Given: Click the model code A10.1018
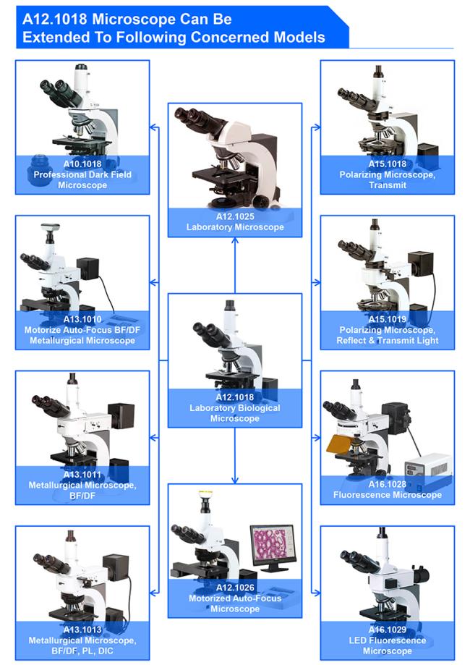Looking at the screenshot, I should [82, 164].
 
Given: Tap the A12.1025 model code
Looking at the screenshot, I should [235, 216].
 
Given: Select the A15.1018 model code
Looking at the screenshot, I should [388, 164].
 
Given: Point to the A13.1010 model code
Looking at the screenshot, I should [82, 319].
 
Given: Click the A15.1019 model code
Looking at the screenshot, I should [388, 319].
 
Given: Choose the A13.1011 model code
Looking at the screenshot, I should [82, 474].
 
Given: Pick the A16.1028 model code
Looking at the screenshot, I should [388, 484].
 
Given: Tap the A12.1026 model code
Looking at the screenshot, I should [235, 588].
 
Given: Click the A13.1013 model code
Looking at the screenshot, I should [82, 630].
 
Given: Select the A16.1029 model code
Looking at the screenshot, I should [388, 630].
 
